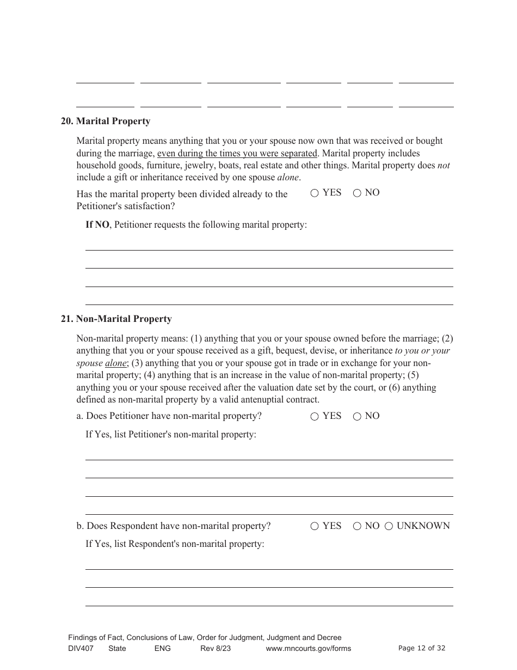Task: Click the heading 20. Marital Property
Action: [x=106, y=121]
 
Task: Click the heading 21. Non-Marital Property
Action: [x=116, y=319]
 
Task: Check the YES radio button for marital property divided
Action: [x=315, y=193]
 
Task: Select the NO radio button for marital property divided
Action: [x=357, y=193]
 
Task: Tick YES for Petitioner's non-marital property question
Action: [x=315, y=417]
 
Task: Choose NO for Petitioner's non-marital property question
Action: [x=357, y=417]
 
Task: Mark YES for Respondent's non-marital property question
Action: [x=315, y=527]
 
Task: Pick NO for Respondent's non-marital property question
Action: [x=357, y=527]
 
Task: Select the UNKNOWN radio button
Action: [x=389, y=527]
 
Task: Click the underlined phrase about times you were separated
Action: [x=237, y=154]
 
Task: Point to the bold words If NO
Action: [x=97, y=225]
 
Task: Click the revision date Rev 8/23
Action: [x=216, y=648]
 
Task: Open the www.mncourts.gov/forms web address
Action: [x=308, y=648]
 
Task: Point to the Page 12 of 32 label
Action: [x=422, y=648]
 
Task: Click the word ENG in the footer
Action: [x=162, y=648]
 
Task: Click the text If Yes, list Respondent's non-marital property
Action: [x=175, y=544]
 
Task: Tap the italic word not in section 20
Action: [x=444, y=166]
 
